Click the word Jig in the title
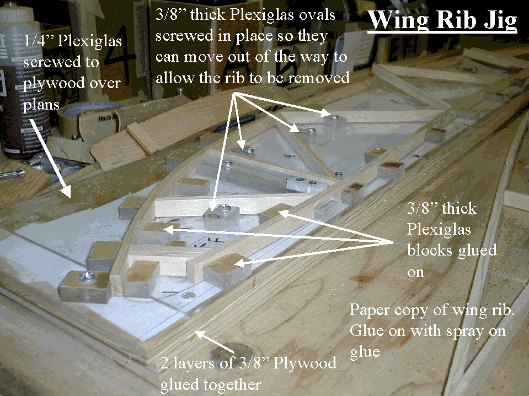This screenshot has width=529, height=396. pos(499,20)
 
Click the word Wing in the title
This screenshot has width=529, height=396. pos(398,20)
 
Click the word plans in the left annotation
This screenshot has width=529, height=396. pos(41,105)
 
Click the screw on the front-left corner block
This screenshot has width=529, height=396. pos(87,277)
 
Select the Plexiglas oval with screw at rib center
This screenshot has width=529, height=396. pos(221,215)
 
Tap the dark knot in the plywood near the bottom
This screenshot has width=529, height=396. pos(231,352)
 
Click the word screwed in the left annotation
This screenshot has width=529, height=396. pos(61,62)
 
